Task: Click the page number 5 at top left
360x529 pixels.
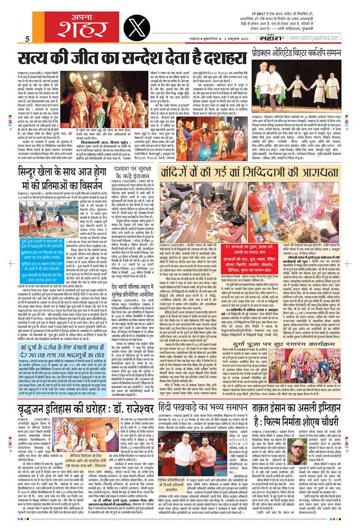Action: coord(28,38)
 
